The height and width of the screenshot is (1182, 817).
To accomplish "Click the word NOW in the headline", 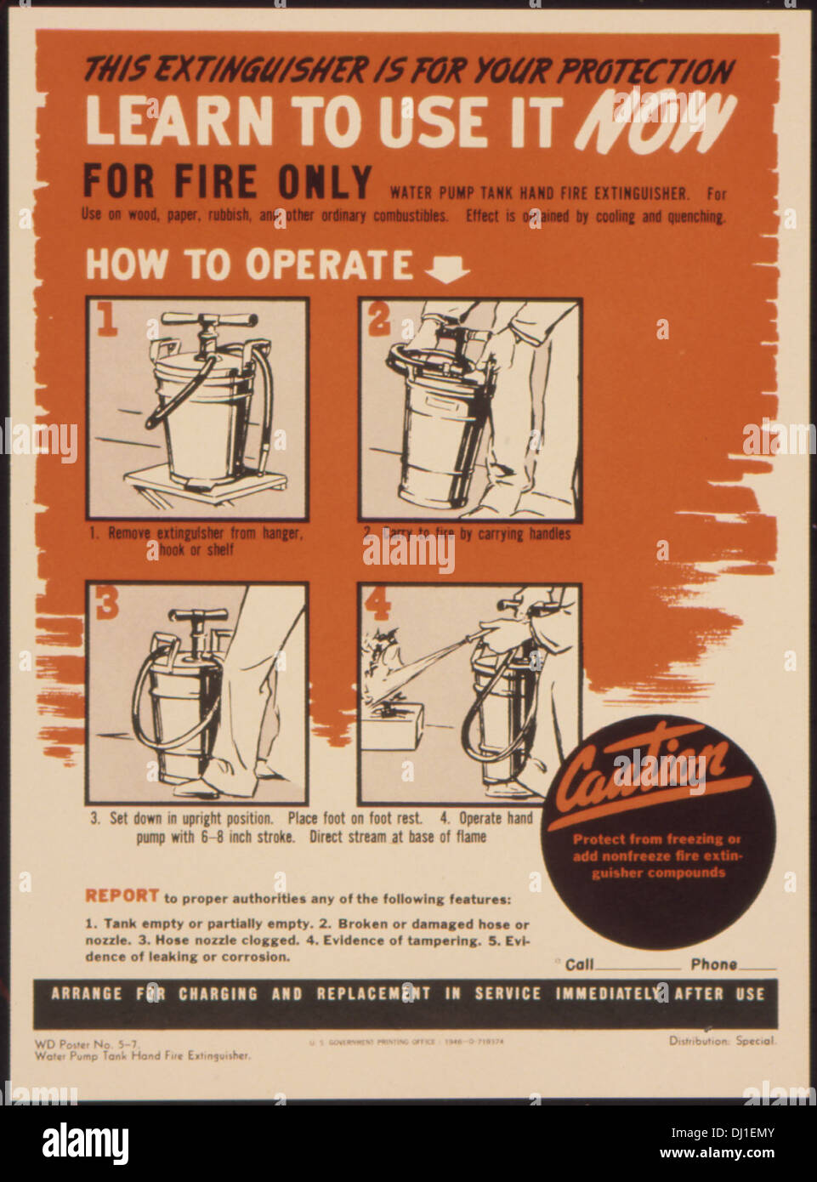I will pyautogui.click(x=655, y=122).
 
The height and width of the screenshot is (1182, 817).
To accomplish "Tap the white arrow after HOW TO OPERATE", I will pyautogui.click(x=447, y=269).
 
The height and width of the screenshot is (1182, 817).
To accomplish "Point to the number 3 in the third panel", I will pyautogui.click(x=108, y=602).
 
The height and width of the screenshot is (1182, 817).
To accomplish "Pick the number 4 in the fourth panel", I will pyautogui.click(x=377, y=603).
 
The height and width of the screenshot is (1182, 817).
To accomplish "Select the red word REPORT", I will pyautogui.click(x=122, y=895).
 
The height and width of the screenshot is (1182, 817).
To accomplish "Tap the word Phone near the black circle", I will pyautogui.click(x=713, y=964).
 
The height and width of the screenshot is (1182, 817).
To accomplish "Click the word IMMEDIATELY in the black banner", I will pyautogui.click(x=608, y=993).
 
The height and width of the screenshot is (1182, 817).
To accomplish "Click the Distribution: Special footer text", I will pyautogui.click(x=722, y=1041).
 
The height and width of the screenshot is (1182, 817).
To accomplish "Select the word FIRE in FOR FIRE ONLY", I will pyautogui.click(x=215, y=182).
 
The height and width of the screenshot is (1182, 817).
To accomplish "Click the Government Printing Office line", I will pyautogui.click(x=406, y=1042).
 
